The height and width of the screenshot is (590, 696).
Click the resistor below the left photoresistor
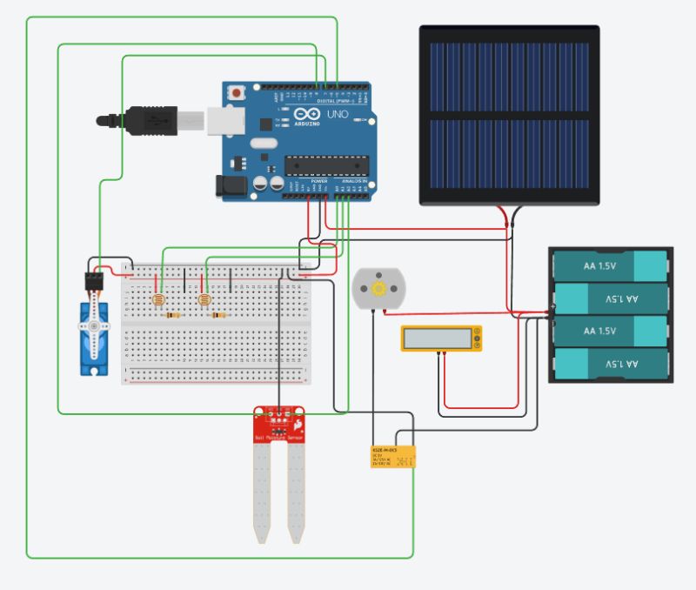[x=172, y=316]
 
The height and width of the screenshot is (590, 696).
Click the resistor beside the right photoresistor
[x=217, y=316]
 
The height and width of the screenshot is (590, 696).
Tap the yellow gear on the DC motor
[x=378, y=288]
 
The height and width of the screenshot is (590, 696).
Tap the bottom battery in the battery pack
[x=610, y=365]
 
